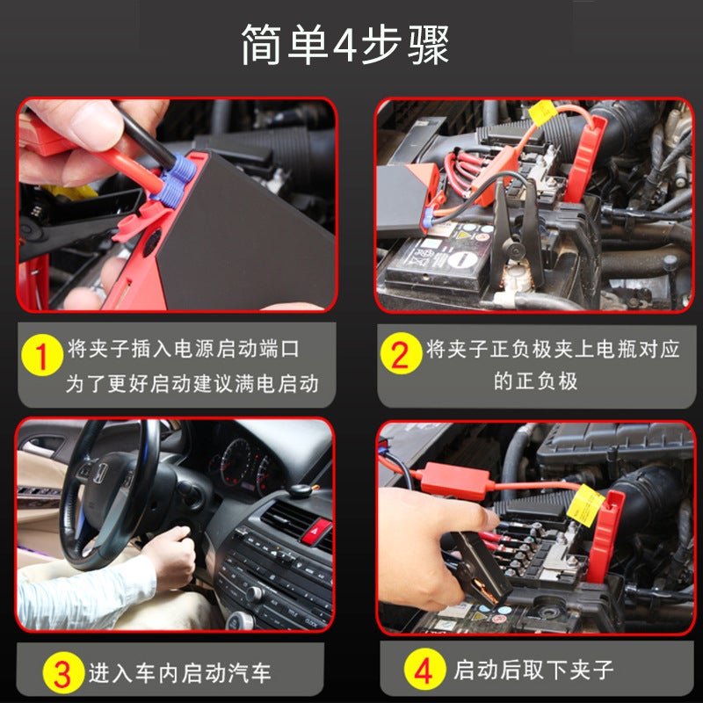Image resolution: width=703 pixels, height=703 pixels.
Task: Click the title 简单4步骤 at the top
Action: point(345,45)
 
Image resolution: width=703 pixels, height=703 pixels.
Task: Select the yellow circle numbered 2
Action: point(400,355)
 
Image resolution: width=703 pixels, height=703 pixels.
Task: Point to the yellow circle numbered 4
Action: point(423,672)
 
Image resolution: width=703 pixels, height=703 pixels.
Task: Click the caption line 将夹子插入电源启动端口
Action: point(184,349)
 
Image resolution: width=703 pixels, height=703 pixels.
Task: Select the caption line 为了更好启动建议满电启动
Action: point(192,384)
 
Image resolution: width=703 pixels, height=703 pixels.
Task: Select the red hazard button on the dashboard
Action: point(315,531)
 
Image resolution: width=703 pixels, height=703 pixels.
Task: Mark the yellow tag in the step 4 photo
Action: point(585,504)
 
